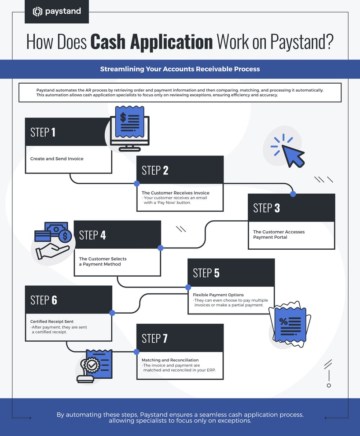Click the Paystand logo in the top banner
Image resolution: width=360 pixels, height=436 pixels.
(56, 11)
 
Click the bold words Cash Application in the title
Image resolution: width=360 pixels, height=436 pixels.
(151, 42)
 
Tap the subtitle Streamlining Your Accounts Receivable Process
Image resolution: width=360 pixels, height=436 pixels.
(180, 69)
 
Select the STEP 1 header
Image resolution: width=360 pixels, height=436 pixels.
(43, 132)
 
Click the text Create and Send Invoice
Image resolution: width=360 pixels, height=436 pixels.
(56, 159)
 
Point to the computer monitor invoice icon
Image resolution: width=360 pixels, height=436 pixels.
(129, 128)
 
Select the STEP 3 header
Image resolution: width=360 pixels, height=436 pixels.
(266, 208)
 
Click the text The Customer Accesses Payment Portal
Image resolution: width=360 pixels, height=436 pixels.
(279, 234)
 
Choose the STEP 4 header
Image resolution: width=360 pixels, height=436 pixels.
(92, 235)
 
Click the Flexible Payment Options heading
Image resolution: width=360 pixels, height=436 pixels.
(218, 295)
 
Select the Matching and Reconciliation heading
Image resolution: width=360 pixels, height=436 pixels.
(170, 360)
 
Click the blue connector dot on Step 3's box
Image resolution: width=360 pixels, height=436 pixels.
(293, 194)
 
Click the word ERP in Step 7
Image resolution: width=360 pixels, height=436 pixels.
(216, 370)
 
